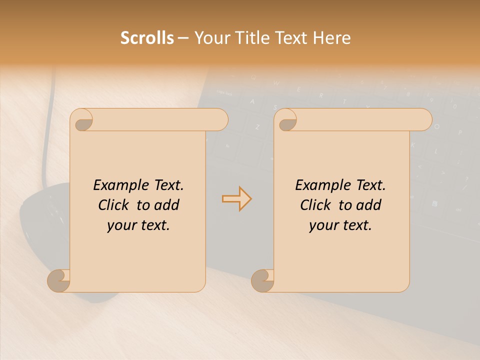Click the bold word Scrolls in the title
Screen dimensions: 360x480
click(147, 38)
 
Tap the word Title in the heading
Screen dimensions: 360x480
click(248, 38)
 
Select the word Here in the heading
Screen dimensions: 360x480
click(332, 38)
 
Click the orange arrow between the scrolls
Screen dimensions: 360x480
click(236, 199)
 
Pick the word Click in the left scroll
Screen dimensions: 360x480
click(115, 205)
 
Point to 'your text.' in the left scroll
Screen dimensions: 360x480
click(138, 225)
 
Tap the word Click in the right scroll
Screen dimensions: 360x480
click(317, 205)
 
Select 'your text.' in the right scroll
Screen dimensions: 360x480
click(340, 225)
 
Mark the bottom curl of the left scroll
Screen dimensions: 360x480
click(58, 280)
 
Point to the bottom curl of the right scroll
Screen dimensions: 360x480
click(262, 280)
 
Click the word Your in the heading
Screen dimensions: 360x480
click(210, 38)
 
